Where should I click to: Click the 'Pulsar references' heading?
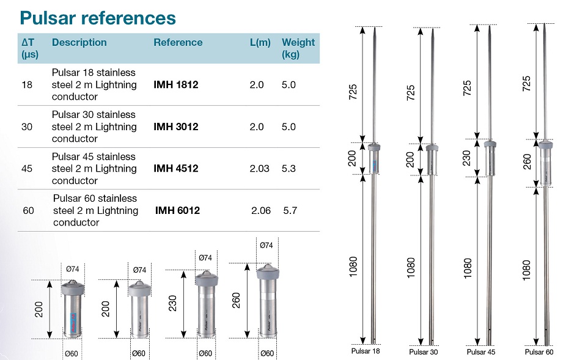tap(98, 18)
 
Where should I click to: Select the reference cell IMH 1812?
tap(176, 85)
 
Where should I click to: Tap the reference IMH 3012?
tap(176, 127)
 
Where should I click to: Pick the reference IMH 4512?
tap(176, 169)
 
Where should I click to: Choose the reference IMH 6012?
tap(177, 210)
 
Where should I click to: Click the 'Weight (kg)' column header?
tap(298, 48)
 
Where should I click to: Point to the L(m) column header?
tap(260, 42)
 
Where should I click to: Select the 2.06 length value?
tap(261, 210)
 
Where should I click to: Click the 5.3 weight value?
tap(289, 169)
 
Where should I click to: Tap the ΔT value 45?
tap(27, 169)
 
